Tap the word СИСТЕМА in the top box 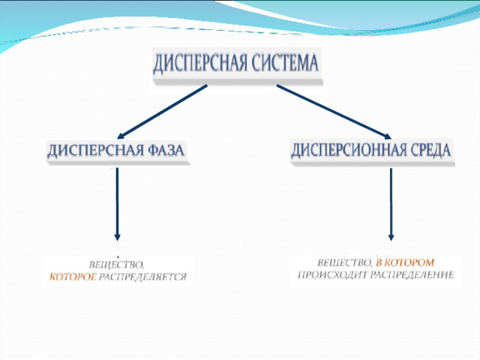(x=285, y=63)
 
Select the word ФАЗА (x=166, y=150)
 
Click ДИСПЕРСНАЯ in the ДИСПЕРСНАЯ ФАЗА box (x=96, y=151)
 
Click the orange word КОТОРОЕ (x=73, y=277)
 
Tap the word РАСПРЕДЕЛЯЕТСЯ (x=143, y=277)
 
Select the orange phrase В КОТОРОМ (x=405, y=262)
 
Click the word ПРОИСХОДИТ (x=332, y=275)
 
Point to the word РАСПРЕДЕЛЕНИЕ (x=412, y=275)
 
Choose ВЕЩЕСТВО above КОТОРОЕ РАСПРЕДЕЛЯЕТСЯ (x=116, y=265)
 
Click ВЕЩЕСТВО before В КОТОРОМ (x=344, y=263)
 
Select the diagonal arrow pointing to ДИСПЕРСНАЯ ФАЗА (x=163, y=112)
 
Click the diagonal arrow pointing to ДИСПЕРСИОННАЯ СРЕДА (x=334, y=112)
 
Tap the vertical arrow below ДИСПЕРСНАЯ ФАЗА (x=117, y=204)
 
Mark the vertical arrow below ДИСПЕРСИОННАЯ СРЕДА (x=391, y=204)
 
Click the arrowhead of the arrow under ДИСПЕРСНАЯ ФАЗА (x=117, y=238)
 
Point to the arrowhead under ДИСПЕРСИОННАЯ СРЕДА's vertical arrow (x=391, y=238)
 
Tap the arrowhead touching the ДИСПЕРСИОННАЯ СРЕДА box (x=388, y=136)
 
